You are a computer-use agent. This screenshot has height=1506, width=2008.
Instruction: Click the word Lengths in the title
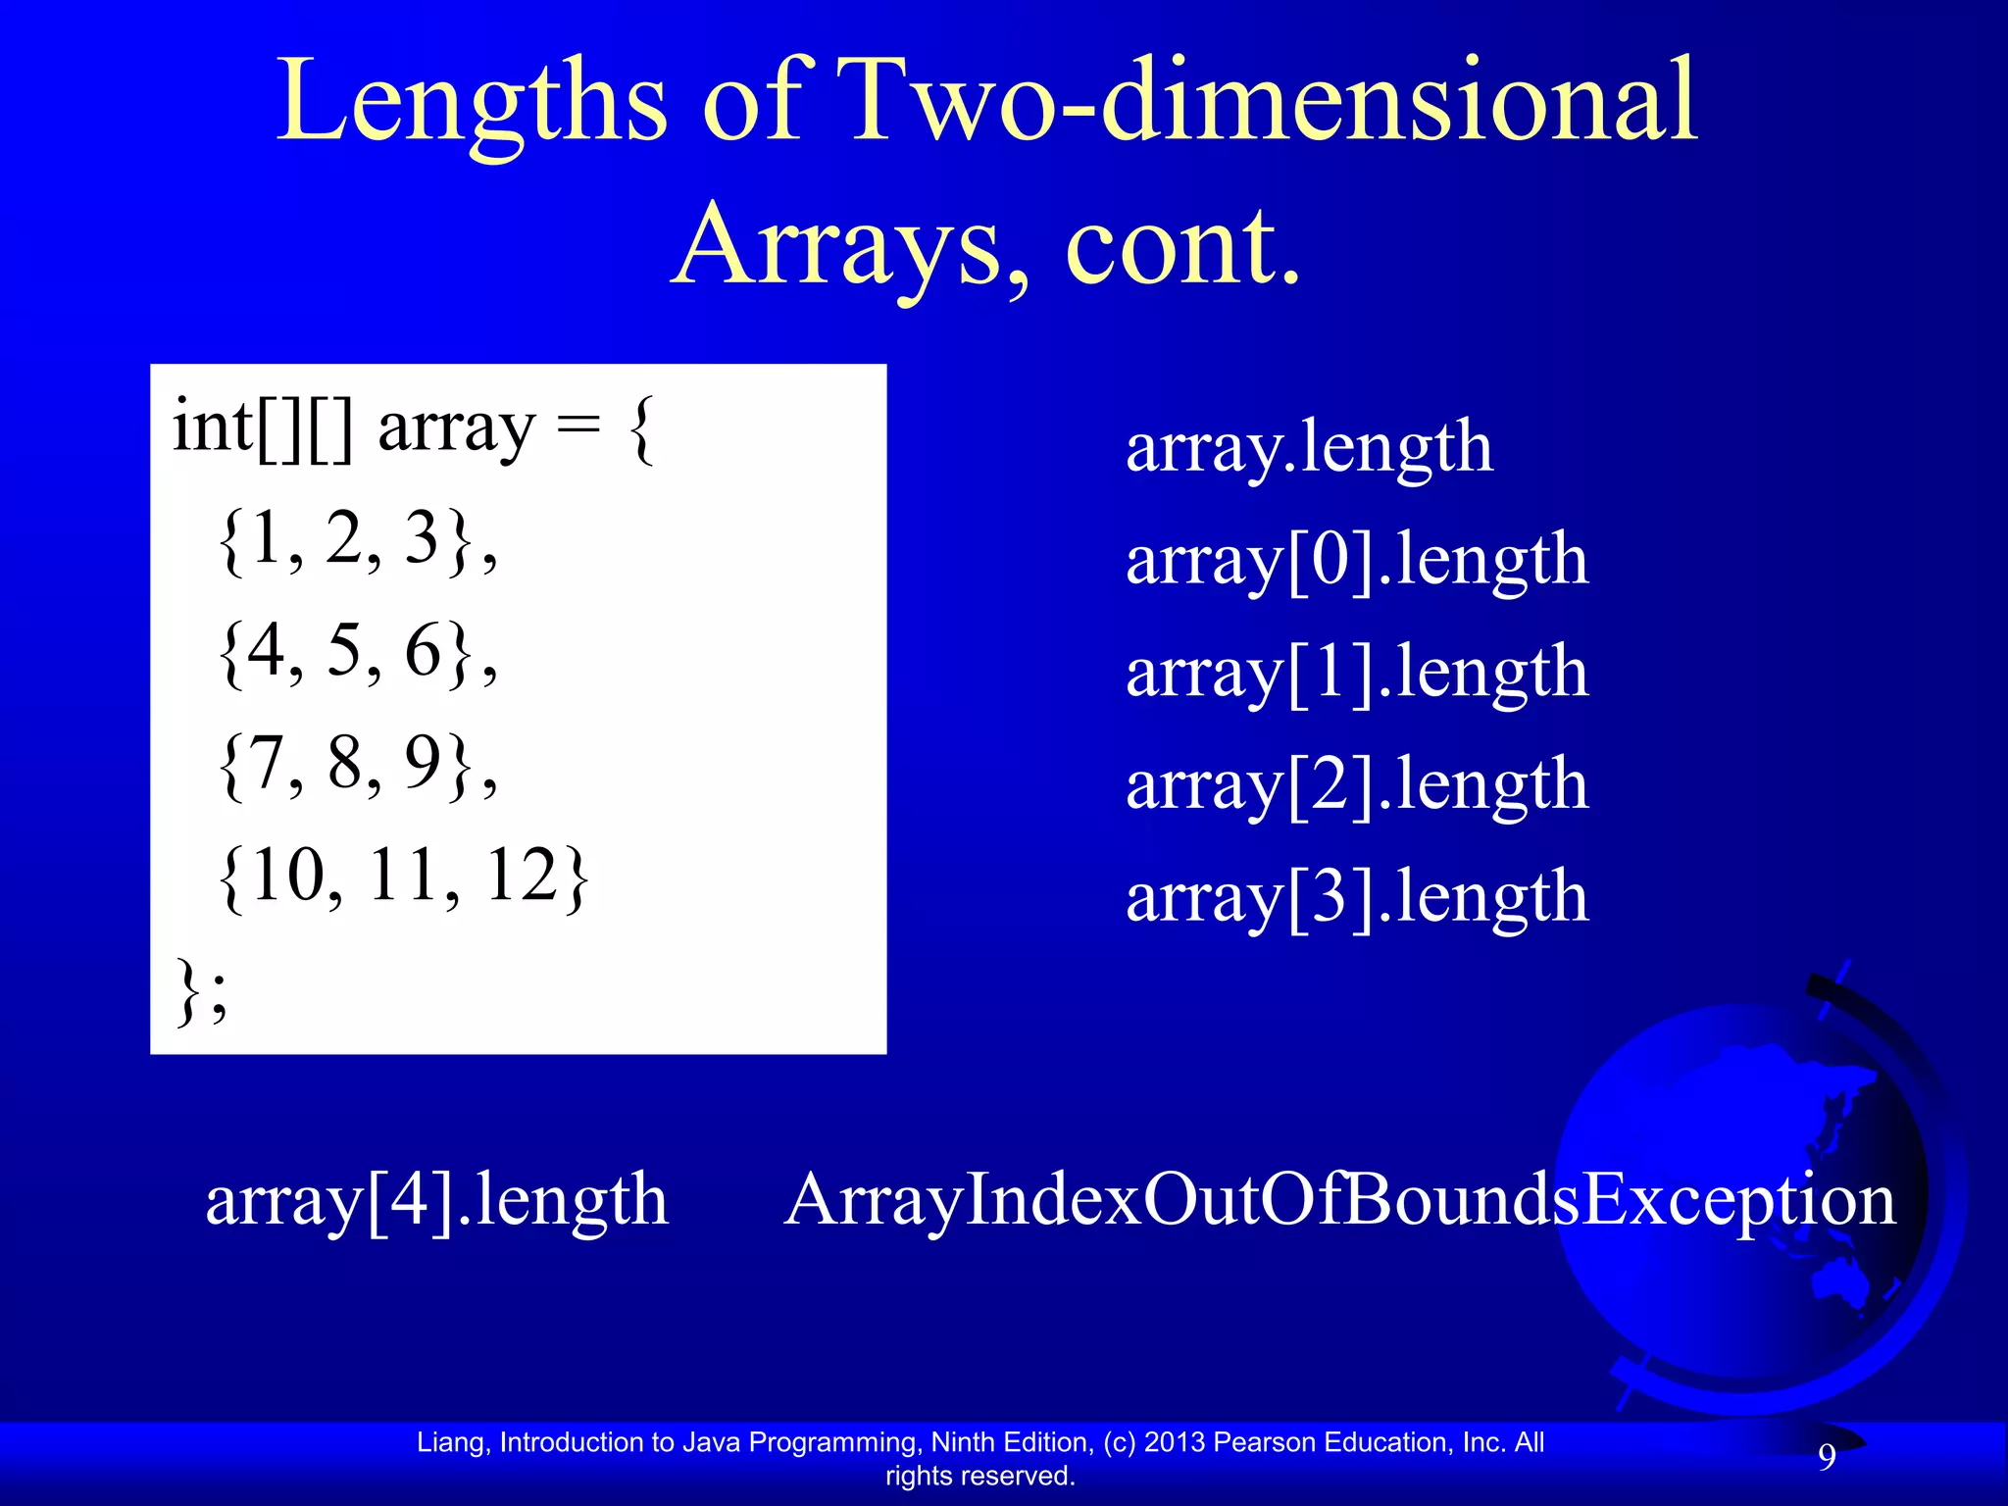(x=472, y=103)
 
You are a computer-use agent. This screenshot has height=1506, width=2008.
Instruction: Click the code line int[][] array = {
(x=413, y=427)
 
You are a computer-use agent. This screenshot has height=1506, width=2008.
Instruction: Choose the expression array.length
(x=1309, y=447)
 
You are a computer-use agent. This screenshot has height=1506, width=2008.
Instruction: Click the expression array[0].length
(x=1357, y=560)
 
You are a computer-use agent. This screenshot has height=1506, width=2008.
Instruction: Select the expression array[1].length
(x=1357, y=673)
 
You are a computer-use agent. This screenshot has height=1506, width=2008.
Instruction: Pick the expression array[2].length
(x=1357, y=784)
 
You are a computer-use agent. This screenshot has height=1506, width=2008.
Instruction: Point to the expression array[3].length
(x=1357, y=897)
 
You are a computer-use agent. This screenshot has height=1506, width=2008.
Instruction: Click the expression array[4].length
(x=436, y=1200)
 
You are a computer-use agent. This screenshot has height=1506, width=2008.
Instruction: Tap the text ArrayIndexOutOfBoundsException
(x=1339, y=1200)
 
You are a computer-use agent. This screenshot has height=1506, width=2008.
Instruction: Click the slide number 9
(x=1827, y=1457)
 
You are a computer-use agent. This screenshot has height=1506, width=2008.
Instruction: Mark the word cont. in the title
(x=1181, y=245)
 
